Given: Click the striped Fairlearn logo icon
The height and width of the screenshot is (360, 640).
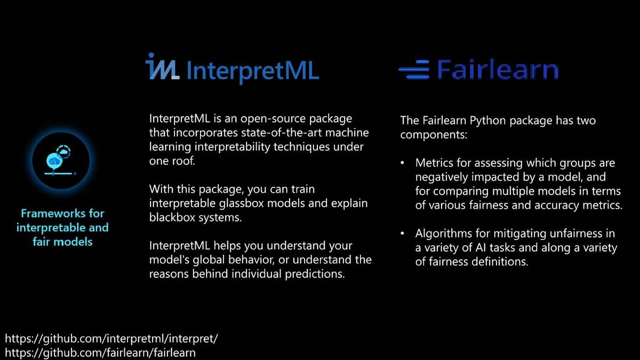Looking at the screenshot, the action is click(414, 69).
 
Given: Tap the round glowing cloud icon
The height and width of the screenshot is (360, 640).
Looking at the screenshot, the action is click(61, 161).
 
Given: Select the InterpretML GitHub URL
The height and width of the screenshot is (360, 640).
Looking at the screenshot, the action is click(111, 339).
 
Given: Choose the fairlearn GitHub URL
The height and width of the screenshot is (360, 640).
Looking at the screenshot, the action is click(100, 353).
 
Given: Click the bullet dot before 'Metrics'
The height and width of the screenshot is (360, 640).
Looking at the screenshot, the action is click(402, 163).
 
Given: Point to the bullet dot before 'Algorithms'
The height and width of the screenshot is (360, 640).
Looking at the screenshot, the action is click(402, 234).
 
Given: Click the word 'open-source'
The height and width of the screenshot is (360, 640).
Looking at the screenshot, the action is click(273, 119).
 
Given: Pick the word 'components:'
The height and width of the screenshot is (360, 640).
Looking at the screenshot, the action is click(434, 134).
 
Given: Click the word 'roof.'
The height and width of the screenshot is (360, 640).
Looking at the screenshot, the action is click(183, 161).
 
